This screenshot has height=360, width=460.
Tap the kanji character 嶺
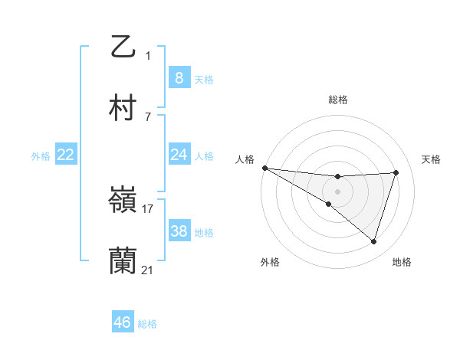(x=123, y=201)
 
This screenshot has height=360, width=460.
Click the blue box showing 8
(x=179, y=77)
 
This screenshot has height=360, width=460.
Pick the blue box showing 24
(x=179, y=155)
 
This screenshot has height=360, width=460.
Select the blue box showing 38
(x=179, y=231)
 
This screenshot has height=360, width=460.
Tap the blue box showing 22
(x=66, y=155)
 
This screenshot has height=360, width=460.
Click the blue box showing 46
(x=123, y=322)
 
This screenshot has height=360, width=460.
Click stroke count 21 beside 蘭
(x=148, y=270)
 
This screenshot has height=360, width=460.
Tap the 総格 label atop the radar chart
(x=338, y=100)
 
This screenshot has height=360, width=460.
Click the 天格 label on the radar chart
(x=432, y=159)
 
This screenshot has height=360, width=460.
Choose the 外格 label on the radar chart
(x=270, y=262)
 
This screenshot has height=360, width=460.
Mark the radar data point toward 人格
(x=264, y=167)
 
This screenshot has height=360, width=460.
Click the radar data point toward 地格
(x=373, y=242)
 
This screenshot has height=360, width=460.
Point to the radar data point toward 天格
(x=396, y=172)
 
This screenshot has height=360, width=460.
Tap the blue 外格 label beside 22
(x=41, y=155)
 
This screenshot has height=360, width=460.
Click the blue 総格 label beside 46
(x=147, y=324)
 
